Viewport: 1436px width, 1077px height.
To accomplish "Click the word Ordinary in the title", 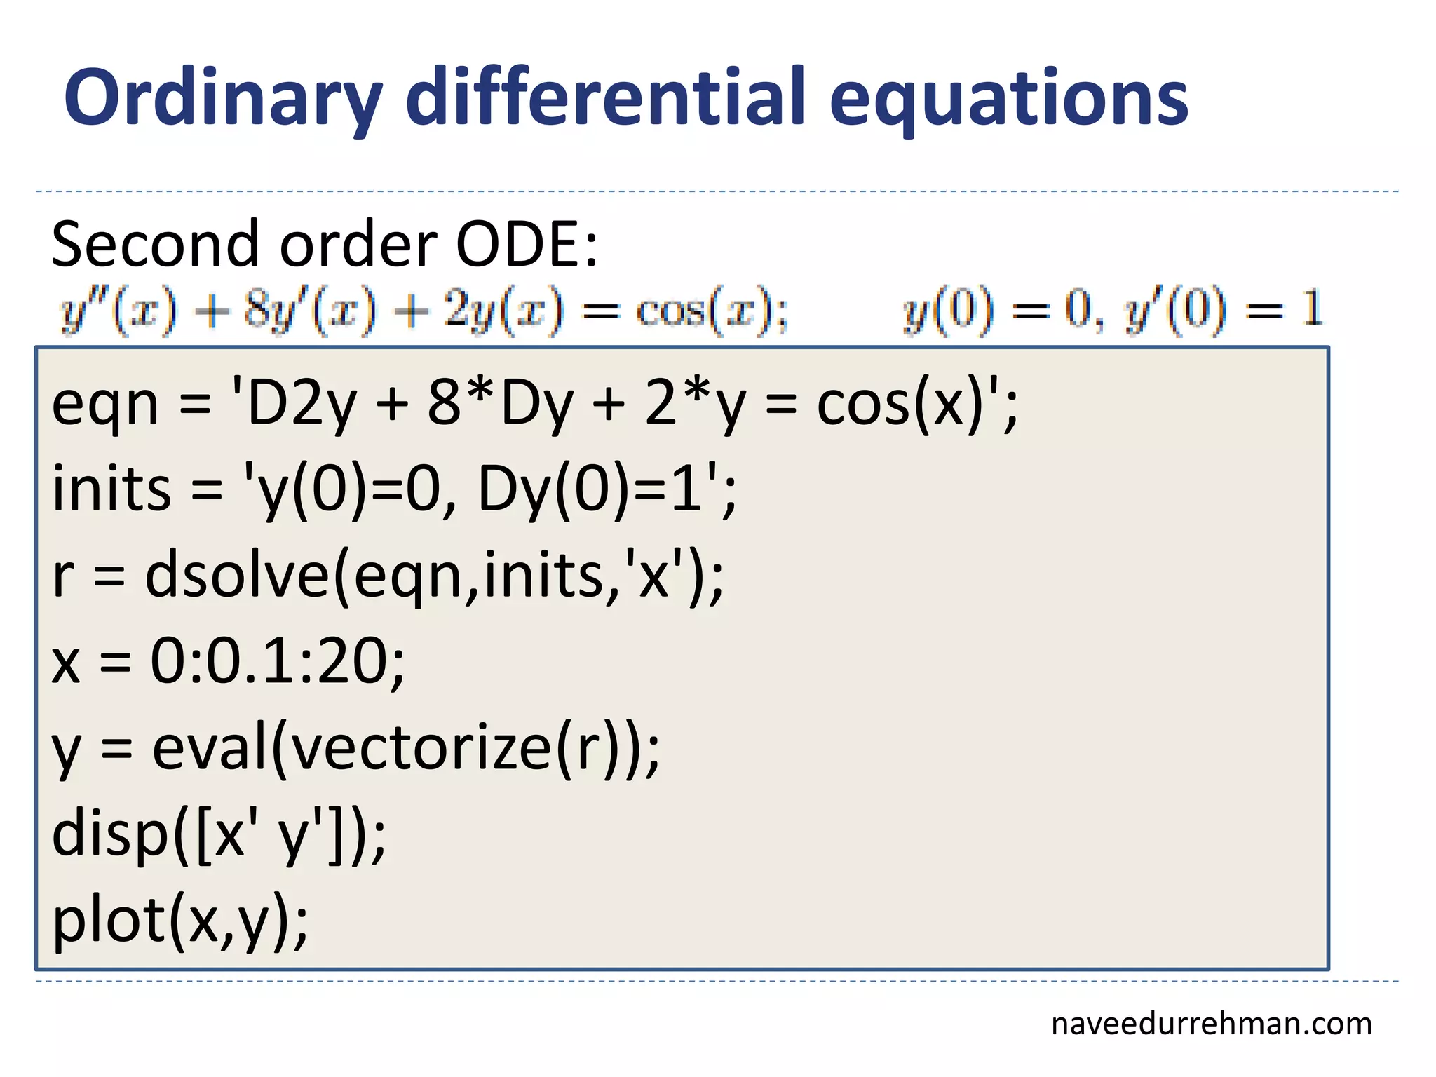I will pyautogui.click(x=223, y=98).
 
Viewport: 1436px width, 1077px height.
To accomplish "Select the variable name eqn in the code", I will pyautogui.click(x=105, y=406).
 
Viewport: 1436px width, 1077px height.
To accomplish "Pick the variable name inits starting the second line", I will pyautogui.click(x=111, y=489).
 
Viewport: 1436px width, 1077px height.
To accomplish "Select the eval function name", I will pyautogui.click(x=210, y=747).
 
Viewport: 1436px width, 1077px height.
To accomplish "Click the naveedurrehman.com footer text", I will pyautogui.click(x=1211, y=1024).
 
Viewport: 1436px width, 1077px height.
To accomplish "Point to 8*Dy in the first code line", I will pyautogui.click(x=500, y=405).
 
